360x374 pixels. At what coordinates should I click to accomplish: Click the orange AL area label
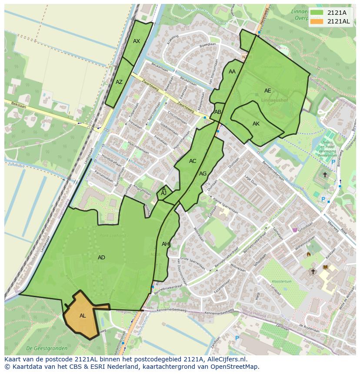click(83, 316)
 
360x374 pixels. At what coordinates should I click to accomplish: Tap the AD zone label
click(101, 258)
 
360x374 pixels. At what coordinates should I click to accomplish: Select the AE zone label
click(267, 91)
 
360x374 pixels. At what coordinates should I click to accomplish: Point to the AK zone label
click(256, 124)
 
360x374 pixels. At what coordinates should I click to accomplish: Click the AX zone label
click(137, 41)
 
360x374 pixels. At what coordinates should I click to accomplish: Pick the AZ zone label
click(119, 82)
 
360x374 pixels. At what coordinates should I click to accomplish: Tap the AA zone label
click(232, 72)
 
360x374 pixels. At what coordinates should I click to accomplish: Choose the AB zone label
click(218, 112)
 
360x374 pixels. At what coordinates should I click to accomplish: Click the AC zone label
click(193, 161)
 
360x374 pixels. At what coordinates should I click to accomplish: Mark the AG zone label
click(203, 174)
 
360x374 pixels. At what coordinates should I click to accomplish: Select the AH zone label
click(165, 244)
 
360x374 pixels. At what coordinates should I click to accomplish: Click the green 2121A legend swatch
click(317, 12)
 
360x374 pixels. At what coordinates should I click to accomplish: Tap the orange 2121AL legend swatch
click(317, 21)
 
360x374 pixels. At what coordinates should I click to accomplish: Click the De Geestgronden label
click(47, 348)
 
